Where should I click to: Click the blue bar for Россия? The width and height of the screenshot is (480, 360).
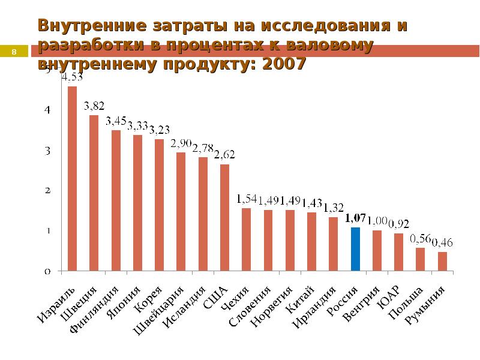pos(355,249)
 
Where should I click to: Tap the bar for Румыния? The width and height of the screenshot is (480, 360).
pos(442,261)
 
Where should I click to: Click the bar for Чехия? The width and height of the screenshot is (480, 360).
pos(246,239)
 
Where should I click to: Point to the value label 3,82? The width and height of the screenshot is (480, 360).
pos(94,106)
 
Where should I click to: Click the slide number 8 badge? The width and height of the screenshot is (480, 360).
pos(14,52)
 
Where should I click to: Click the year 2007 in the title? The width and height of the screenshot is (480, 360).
pos(282,64)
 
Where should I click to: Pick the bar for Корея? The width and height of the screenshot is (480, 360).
pos(159,205)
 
